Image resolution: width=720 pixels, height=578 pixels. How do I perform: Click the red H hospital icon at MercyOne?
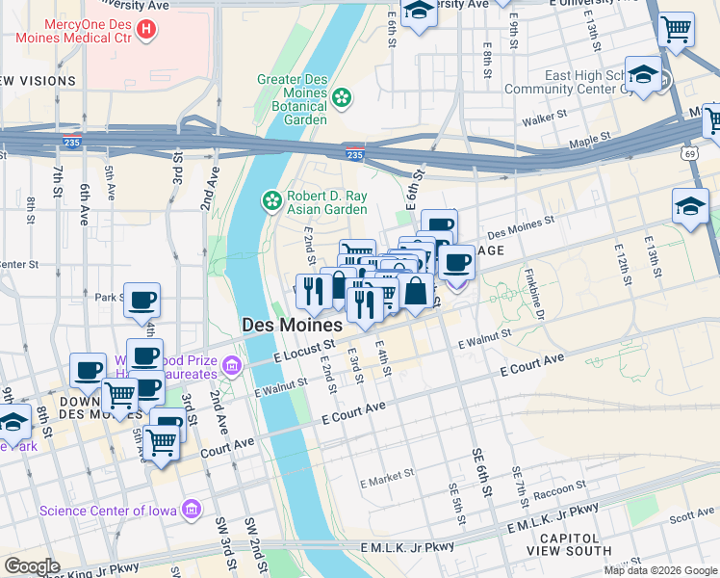pos(146,29)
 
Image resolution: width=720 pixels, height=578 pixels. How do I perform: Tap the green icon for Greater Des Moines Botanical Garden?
pos(342,96)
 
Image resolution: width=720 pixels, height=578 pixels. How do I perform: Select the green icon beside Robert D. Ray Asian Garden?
pos(272,200)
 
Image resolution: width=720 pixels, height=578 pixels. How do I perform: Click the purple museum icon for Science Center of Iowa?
pos(192,509)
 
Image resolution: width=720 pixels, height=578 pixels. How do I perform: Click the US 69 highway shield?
pos(688,153)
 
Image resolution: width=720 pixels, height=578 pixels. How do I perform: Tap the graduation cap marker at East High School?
pos(643,74)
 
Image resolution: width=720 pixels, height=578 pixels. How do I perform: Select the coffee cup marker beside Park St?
pos(142,300)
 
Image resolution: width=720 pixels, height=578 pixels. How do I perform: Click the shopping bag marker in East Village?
pos(415,291)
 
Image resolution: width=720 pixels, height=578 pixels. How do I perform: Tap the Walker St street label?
pos(542,122)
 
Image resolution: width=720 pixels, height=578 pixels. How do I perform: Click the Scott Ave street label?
pos(691,516)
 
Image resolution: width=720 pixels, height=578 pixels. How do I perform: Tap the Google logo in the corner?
pos(32,566)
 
